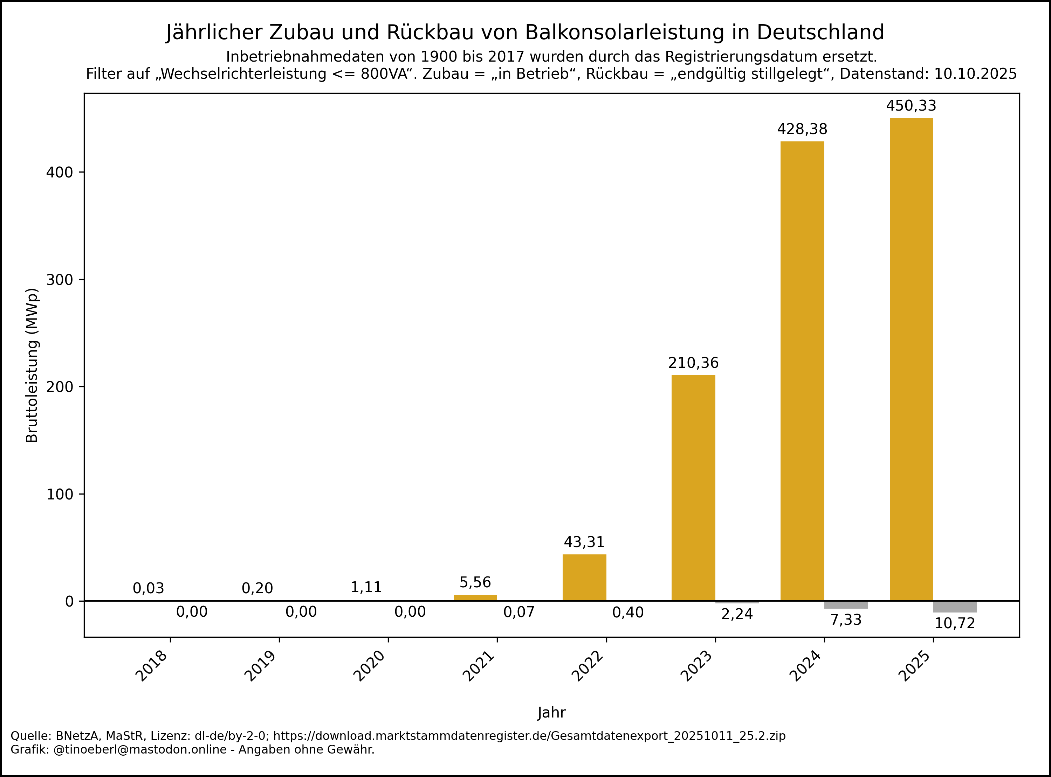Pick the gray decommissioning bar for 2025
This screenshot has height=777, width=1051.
tap(955, 607)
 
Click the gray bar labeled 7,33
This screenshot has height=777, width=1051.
tap(846, 605)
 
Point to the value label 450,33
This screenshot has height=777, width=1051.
tap(911, 106)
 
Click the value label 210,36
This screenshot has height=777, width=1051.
tap(693, 363)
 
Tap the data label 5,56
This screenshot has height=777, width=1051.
tap(475, 583)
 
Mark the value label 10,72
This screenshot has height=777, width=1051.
tap(955, 624)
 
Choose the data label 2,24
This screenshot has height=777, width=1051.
tap(737, 614)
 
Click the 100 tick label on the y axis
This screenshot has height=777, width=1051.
tap(59, 494)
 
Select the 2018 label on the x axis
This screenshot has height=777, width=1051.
tap(152, 666)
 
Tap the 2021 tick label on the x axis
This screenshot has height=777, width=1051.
tap(479, 666)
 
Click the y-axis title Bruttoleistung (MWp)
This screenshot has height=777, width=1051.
tap(32, 365)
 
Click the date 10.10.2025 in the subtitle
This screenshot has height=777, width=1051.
tap(975, 74)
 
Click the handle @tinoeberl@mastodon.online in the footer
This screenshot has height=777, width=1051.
tap(140, 750)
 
